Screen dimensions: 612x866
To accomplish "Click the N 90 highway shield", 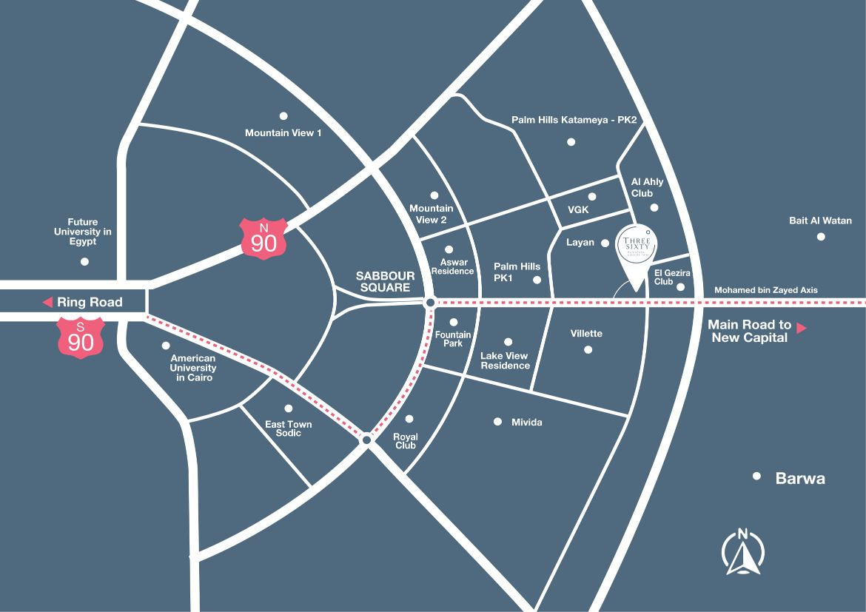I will click(263, 238).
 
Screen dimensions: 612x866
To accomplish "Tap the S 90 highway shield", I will click(81, 336).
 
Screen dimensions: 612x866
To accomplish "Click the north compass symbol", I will click(742, 552).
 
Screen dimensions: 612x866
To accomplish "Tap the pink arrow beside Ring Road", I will click(47, 302).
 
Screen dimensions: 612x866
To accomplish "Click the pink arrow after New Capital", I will click(801, 327).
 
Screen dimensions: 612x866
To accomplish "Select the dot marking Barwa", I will click(756, 477).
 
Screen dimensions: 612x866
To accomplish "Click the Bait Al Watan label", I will click(820, 221).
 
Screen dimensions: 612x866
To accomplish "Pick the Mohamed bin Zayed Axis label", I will click(765, 290).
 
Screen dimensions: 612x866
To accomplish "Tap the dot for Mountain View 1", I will click(283, 115).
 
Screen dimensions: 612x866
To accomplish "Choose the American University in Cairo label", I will click(193, 368).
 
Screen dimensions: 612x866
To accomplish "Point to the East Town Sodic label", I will click(289, 428).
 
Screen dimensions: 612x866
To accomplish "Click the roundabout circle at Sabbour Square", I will click(430, 303).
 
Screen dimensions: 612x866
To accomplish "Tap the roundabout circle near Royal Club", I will click(366, 440).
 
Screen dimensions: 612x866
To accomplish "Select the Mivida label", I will click(527, 423).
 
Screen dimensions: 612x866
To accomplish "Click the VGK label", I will click(577, 210).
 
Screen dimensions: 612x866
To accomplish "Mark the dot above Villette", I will click(588, 349).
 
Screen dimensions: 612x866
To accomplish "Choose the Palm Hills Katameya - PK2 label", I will click(574, 120).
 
